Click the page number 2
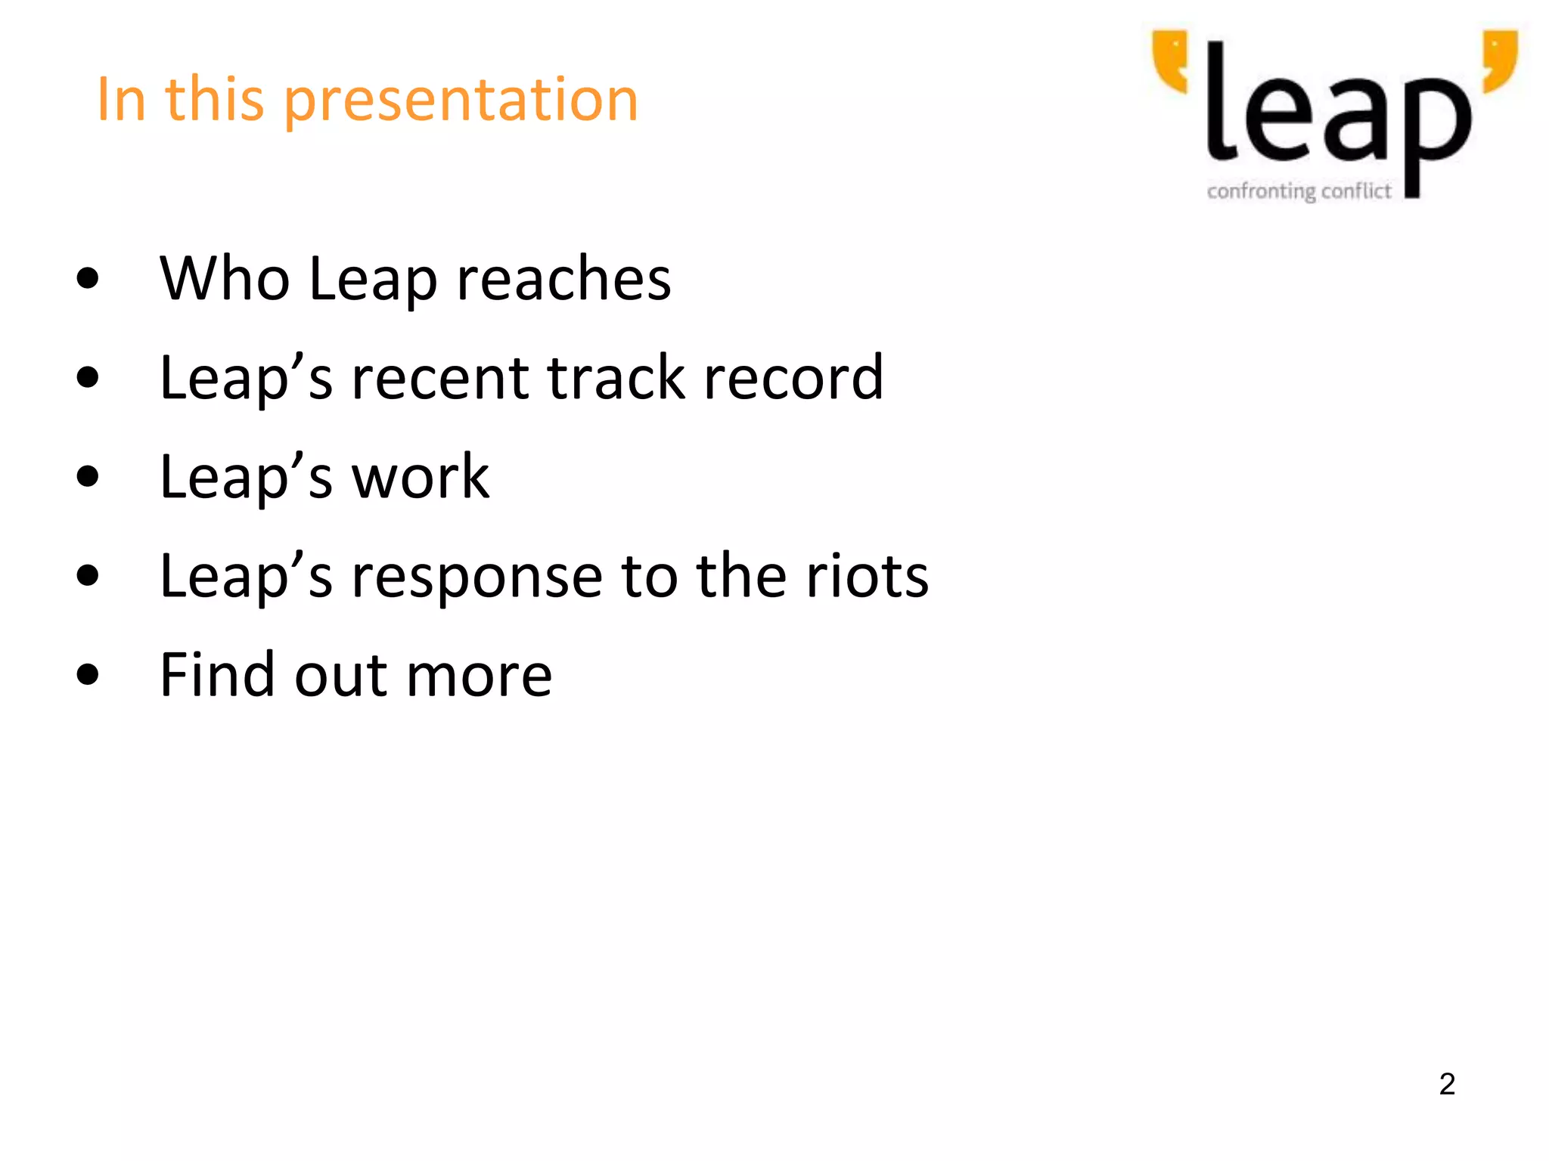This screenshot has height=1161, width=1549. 1447,1084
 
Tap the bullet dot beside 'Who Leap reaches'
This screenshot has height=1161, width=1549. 88,278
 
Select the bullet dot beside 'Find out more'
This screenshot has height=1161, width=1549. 88,674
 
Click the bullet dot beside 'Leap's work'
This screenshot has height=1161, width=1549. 88,477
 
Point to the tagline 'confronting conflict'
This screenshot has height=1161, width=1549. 1299,191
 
